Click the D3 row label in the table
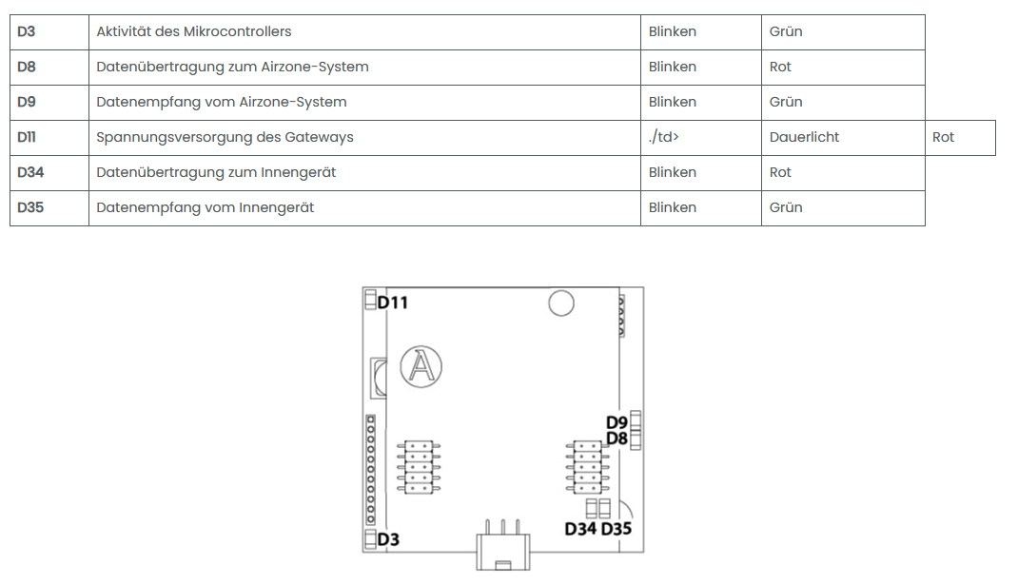click(27, 31)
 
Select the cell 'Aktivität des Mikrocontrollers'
click(194, 31)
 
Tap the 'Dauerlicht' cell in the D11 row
click(804, 137)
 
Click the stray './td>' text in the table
click(663, 137)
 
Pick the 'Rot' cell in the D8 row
click(780, 67)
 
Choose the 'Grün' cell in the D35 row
click(786, 207)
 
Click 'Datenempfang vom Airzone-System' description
click(222, 102)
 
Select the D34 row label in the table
click(30, 172)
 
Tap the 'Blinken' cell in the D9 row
click(673, 102)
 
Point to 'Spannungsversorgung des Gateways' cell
click(225, 137)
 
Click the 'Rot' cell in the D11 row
click(943, 137)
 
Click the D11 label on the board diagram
click(393, 302)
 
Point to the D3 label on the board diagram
click(388, 540)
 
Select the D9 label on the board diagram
click(617, 422)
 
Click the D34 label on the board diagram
click(580, 529)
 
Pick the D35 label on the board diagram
click(617, 529)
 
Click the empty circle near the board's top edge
click(561, 303)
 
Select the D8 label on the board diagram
click(617, 439)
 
